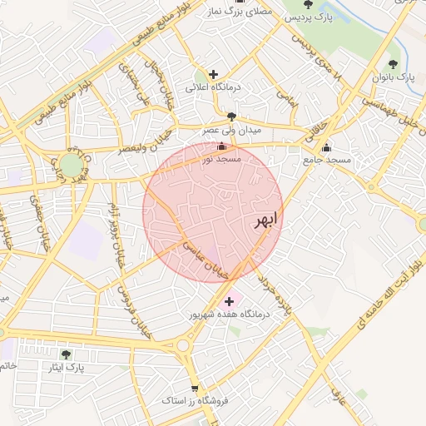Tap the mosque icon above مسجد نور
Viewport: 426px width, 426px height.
click(x=220, y=147)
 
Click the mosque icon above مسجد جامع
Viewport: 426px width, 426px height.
click(x=326, y=148)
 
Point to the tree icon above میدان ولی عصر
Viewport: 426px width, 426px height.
click(x=230, y=116)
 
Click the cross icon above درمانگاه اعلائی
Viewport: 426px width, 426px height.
click(x=214, y=74)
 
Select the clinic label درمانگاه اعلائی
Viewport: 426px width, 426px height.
click(x=212, y=87)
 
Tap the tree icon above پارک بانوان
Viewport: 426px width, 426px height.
click(x=393, y=64)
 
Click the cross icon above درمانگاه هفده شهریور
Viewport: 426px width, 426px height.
click(x=230, y=300)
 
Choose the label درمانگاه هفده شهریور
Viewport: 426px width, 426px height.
click(x=230, y=315)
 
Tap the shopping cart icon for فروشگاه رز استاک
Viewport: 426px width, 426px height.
click(x=195, y=389)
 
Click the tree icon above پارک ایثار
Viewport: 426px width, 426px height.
click(x=66, y=354)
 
